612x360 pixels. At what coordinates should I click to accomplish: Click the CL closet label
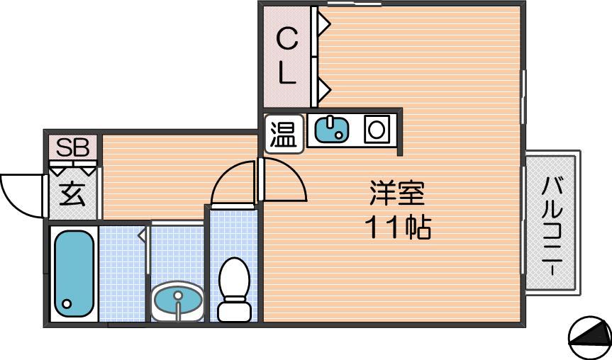[287, 57]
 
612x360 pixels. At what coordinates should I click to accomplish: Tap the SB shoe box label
[72, 147]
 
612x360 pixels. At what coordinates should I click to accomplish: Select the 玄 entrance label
[72, 195]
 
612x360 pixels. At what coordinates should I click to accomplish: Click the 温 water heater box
[284, 133]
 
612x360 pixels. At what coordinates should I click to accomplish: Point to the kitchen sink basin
[331, 130]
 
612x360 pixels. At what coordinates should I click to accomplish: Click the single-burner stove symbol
[377, 130]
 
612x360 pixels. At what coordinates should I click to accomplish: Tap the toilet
[234, 289]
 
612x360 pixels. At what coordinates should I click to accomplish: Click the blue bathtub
[74, 274]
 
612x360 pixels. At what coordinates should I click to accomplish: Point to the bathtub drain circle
[67, 303]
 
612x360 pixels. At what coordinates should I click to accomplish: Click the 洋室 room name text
[397, 193]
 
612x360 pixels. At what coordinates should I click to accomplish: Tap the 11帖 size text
[398, 227]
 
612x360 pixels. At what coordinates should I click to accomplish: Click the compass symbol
[590, 337]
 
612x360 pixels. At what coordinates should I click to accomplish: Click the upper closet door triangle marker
[324, 23]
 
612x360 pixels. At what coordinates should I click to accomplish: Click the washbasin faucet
[178, 303]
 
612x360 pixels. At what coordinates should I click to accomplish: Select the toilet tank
[234, 311]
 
